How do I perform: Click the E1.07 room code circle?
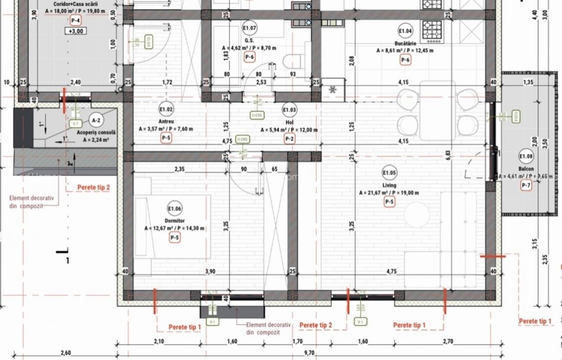(249, 29)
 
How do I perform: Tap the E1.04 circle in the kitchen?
(405, 31)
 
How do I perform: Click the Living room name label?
(389, 185)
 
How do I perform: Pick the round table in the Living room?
(416, 215)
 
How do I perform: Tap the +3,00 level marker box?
(75, 32)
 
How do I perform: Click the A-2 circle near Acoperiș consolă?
(96, 120)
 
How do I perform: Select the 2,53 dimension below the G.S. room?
(261, 82)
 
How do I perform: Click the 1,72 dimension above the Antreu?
(167, 82)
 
